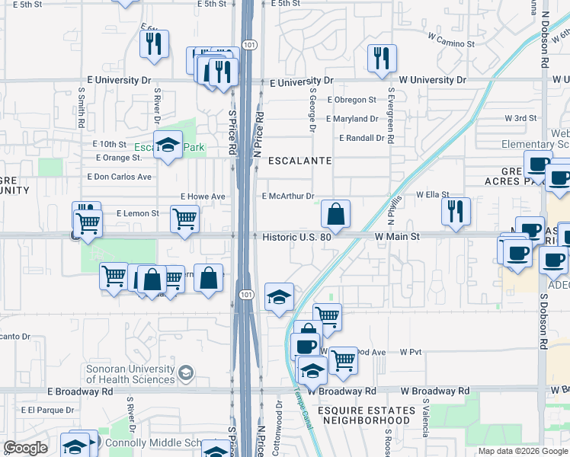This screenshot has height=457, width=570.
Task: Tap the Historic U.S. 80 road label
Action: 296,237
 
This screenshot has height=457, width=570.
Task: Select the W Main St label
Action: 397,237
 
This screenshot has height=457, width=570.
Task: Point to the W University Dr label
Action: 432,80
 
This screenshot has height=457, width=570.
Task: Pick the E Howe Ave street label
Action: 203,197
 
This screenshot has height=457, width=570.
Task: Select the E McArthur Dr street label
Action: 288,197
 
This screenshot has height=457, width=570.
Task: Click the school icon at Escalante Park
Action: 167,145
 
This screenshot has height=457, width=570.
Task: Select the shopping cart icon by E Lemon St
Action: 184,219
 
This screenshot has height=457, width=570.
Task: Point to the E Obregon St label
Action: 351,100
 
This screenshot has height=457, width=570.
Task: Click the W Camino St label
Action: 451,40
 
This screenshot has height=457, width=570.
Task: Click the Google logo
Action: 26,447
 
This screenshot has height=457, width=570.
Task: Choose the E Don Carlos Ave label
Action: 123,177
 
